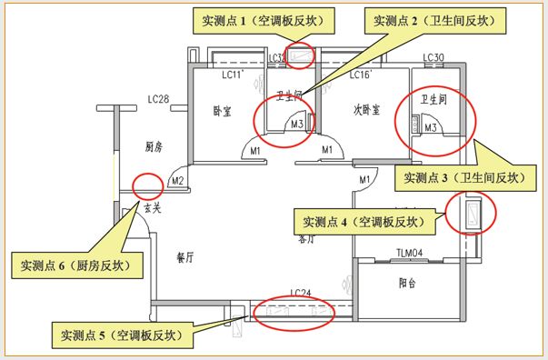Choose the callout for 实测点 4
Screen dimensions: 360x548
click(363, 220)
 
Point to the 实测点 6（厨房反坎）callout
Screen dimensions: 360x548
click(75, 266)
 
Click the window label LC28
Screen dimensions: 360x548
click(160, 97)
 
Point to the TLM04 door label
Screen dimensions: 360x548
click(411, 253)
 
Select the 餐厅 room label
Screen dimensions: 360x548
click(187, 257)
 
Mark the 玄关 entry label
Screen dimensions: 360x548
click(152, 208)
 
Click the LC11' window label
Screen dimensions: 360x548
click(234, 75)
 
